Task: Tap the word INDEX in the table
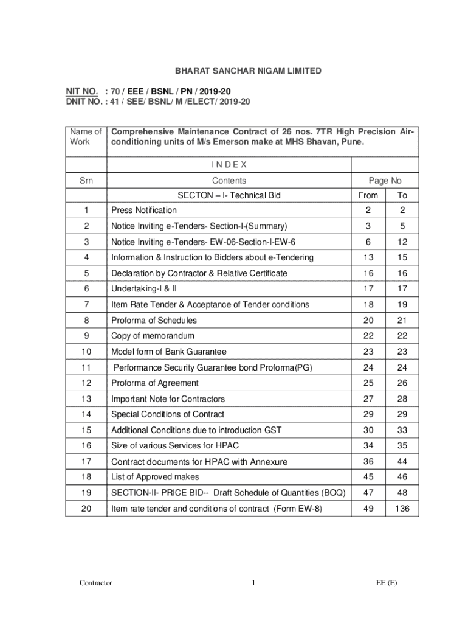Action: (x=229, y=165)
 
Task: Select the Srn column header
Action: (x=86, y=181)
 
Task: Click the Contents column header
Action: (x=229, y=181)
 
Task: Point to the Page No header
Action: (x=385, y=181)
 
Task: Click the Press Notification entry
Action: (x=144, y=211)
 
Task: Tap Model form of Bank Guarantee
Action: (x=168, y=352)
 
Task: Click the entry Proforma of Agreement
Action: (x=155, y=383)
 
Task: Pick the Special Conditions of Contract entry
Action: (x=167, y=414)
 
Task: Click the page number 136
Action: (x=402, y=509)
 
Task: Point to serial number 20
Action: (x=86, y=509)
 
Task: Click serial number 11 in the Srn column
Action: (x=86, y=367)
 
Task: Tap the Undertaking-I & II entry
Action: (x=144, y=289)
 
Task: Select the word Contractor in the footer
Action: (x=96, y=583)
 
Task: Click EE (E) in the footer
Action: (x=386, y=583)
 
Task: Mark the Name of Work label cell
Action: (x=86, y=137)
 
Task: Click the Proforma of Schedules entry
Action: (x=153, y=321)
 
